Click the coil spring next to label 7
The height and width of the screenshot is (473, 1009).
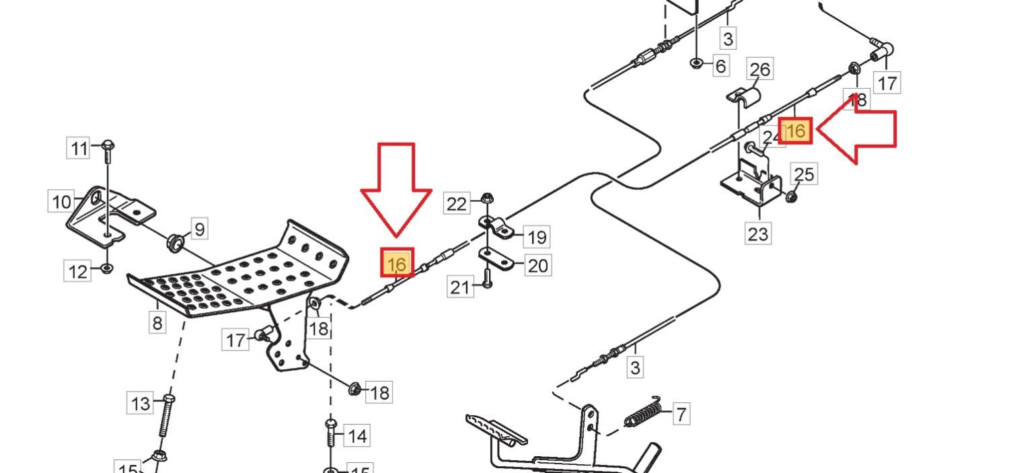645,411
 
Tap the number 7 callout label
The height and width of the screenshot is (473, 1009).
681,414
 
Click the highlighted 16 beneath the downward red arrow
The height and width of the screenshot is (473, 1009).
397,263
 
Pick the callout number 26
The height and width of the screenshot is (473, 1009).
759,69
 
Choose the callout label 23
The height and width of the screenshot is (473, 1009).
758,234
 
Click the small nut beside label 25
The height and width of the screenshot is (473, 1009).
791,196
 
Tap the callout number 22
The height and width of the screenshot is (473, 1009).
457,204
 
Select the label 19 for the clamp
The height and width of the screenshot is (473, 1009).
537,237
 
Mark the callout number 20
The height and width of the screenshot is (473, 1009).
537,266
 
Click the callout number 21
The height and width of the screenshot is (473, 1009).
460,288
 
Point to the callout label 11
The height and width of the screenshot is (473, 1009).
79,148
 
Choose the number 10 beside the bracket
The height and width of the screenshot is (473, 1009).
61,202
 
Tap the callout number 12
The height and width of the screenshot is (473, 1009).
79,272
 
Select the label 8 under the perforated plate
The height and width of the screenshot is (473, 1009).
157,323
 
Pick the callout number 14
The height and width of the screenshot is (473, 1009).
357,436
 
